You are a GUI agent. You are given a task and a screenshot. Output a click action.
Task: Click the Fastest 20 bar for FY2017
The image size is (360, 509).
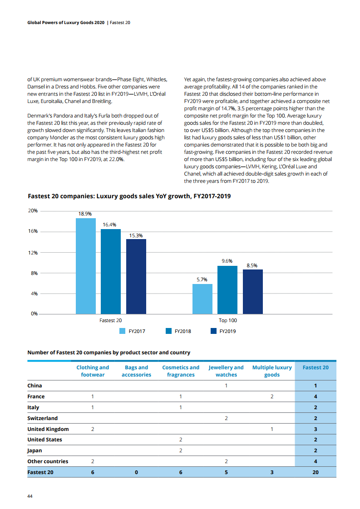85,266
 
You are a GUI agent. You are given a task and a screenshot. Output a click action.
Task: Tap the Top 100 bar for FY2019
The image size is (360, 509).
253,291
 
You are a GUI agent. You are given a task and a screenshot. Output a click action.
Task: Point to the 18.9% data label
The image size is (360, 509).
85,213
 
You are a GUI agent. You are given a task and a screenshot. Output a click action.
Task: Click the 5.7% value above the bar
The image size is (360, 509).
202,279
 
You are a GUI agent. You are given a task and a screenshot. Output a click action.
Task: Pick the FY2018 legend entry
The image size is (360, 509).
178,331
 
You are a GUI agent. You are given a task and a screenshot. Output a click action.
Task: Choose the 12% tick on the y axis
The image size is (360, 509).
32,252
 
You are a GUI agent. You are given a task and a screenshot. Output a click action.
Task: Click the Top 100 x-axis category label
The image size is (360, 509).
227,320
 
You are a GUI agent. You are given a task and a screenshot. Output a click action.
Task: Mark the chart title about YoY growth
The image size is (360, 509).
129,196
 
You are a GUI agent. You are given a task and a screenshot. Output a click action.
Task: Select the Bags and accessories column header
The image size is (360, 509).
136,371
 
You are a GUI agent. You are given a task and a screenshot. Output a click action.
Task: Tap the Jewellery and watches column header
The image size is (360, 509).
226,371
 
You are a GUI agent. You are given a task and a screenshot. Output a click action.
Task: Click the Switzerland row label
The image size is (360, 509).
43,418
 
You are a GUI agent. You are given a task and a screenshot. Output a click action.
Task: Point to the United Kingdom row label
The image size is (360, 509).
48,429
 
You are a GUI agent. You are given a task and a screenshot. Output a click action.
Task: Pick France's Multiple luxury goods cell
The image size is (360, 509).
272,396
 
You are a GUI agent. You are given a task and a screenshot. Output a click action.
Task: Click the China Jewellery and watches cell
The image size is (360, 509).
226,386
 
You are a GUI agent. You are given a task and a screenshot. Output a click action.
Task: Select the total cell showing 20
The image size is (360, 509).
316,472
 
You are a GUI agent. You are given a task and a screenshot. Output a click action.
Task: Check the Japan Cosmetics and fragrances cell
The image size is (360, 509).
181,450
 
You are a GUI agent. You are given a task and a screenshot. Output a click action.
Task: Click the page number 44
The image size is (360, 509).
30,496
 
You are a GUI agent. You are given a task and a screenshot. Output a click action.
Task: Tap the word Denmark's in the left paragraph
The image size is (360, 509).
39,117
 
